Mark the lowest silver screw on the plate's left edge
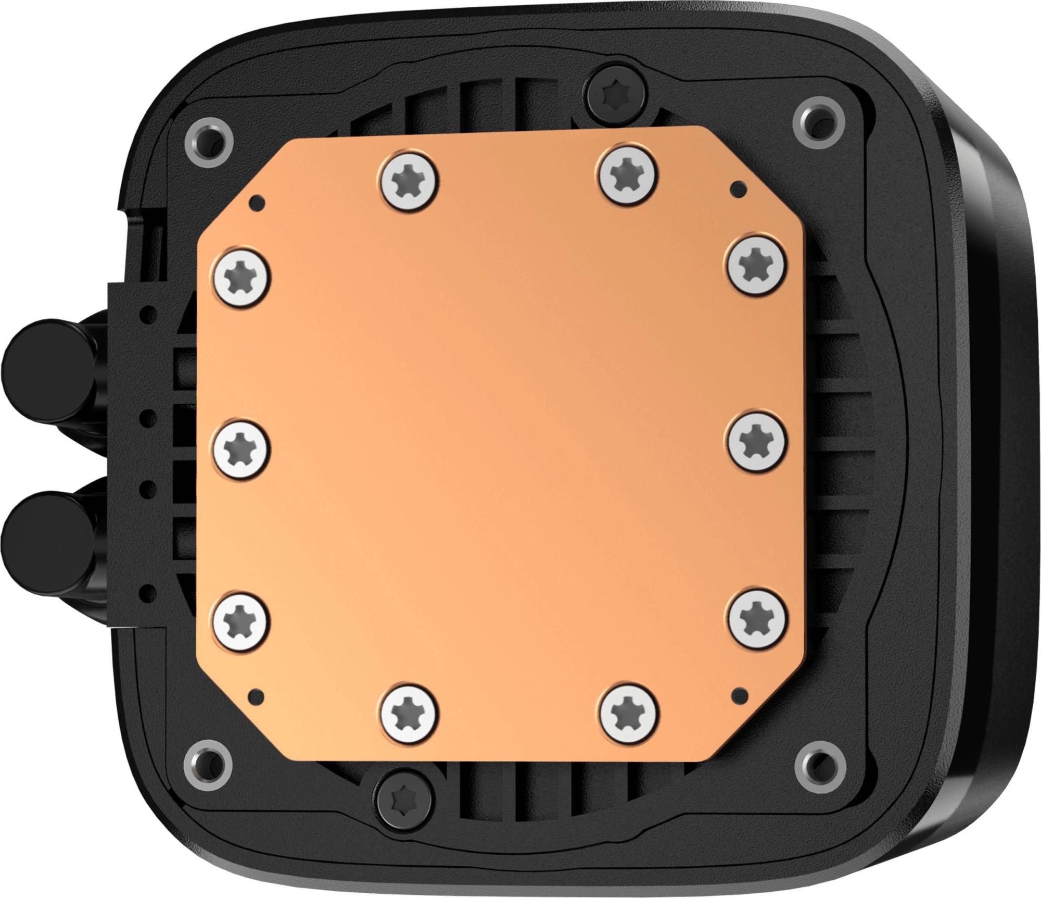tap(241, 620)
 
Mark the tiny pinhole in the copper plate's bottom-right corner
tap(738, 692)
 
